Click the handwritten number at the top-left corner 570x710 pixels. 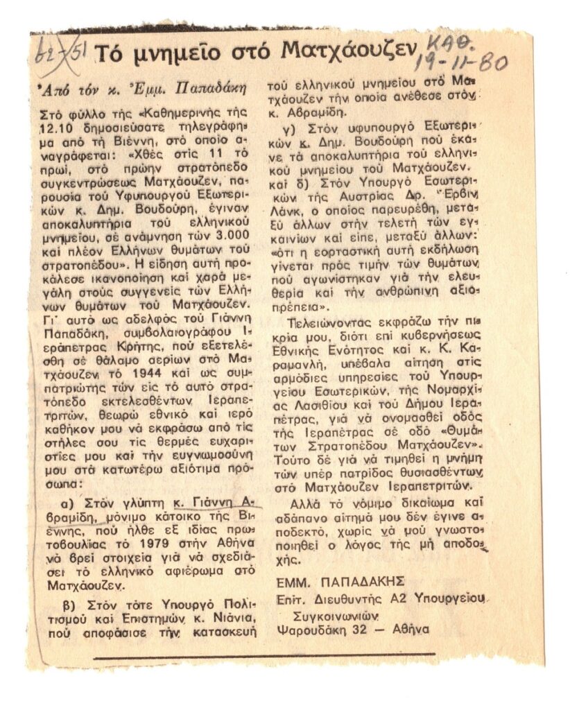click(56, 51)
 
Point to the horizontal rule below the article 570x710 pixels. click(264, 655)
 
